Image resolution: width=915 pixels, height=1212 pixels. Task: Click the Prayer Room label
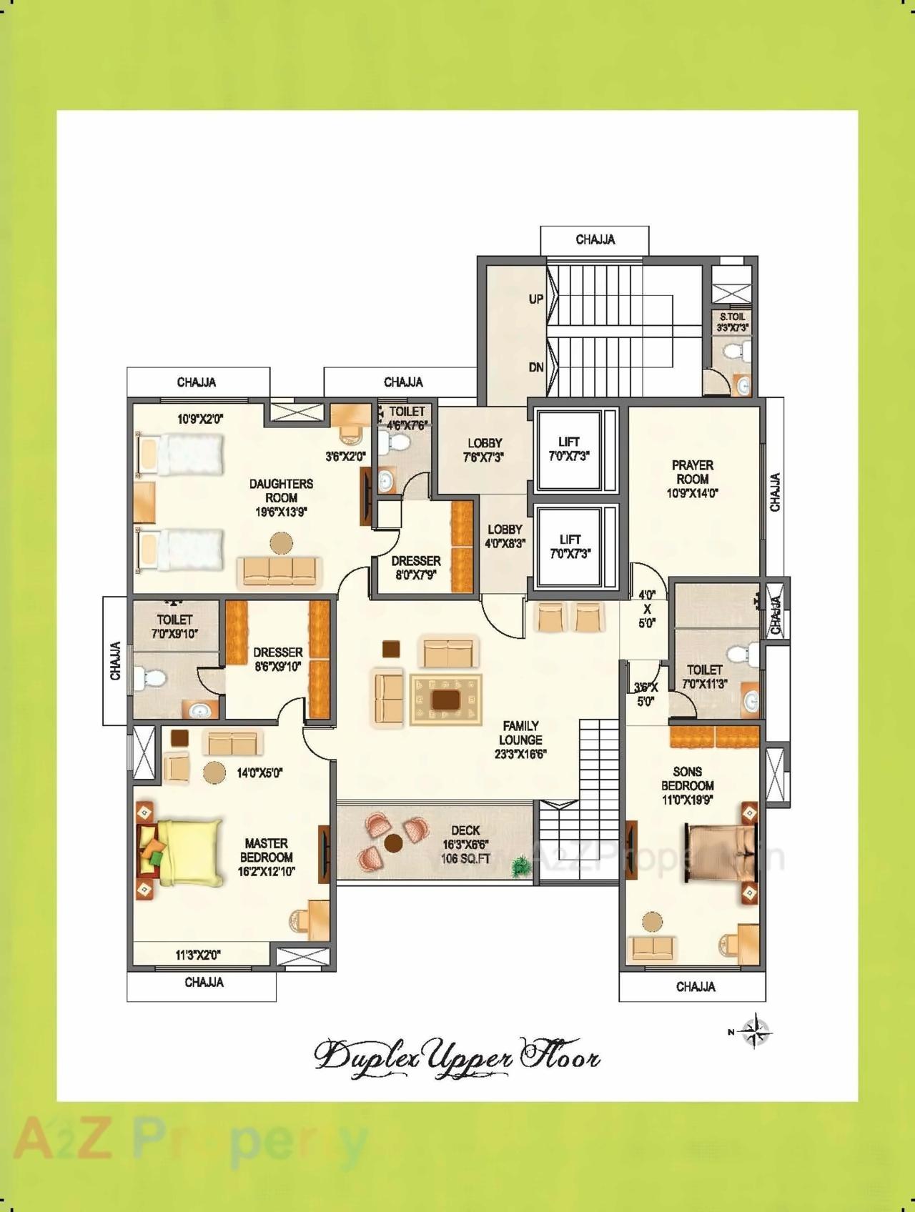point(692,472)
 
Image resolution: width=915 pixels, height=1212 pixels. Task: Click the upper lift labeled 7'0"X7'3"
point(569,449)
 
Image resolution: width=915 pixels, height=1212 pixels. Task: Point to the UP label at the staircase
point(535,299)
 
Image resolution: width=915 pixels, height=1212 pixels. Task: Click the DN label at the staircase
point(535,367)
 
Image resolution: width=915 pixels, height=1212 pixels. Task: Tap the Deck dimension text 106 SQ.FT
point(466,859)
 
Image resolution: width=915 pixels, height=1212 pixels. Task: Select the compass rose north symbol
point(754,1031)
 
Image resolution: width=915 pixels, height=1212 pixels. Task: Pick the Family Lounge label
point(520,732)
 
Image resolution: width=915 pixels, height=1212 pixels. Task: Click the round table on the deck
point(393,843)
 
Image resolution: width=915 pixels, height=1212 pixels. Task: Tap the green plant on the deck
point(520,866)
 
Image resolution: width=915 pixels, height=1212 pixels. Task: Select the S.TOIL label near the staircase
point(732,317)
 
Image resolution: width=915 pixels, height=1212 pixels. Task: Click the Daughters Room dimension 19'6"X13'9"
point(281,512)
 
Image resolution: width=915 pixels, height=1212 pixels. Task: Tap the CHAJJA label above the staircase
point(595,239)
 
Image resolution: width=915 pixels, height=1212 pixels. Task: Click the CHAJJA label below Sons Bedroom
point(695,987)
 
